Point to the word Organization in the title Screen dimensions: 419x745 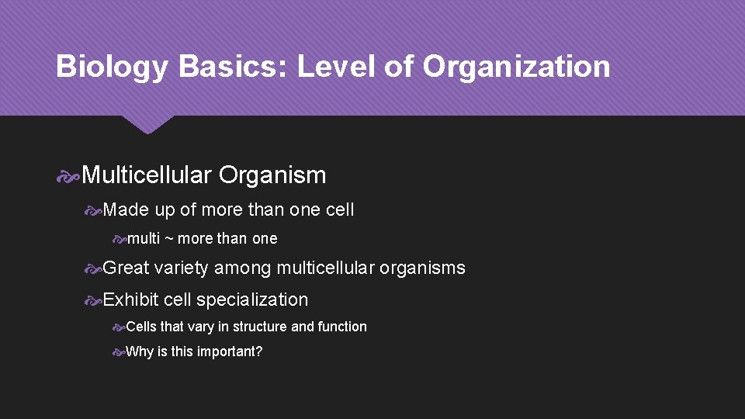click(x=516, y=68)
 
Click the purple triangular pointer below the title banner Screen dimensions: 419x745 click(x=147, y=124)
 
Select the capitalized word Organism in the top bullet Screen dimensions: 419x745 click(x=272, y=175)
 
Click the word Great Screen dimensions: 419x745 click(x=126, y=268)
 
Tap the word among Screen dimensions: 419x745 click(x=242, y=268)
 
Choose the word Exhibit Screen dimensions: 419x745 click(x=130, y=300)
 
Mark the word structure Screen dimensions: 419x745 click(x=260, y=327)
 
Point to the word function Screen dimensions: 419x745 click(x=342, y=327)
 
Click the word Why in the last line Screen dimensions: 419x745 click(x=140, y=352)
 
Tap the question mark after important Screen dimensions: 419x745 click(x=259, y=352)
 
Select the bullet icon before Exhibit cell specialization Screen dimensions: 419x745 click(x=93, y=300)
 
